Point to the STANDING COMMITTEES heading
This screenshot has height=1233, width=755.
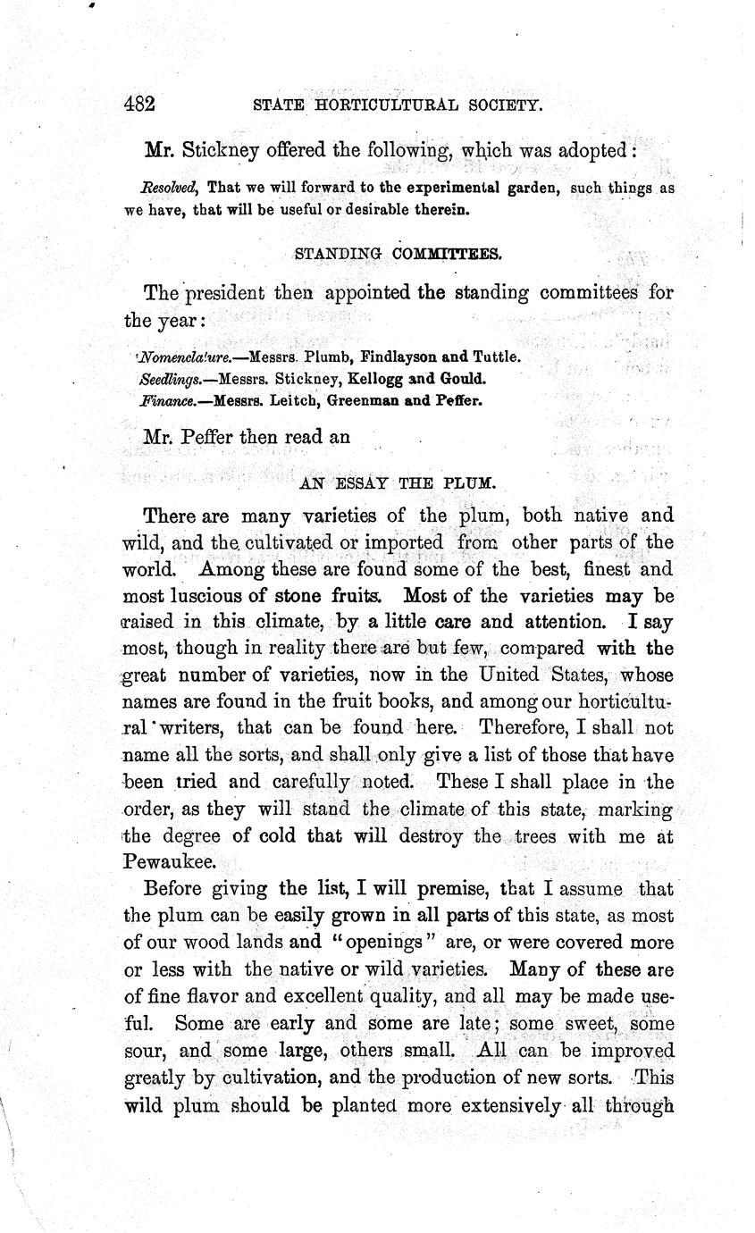(398, 253)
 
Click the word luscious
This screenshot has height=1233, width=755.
(202, 594)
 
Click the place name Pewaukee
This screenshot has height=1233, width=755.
(168, 860)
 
